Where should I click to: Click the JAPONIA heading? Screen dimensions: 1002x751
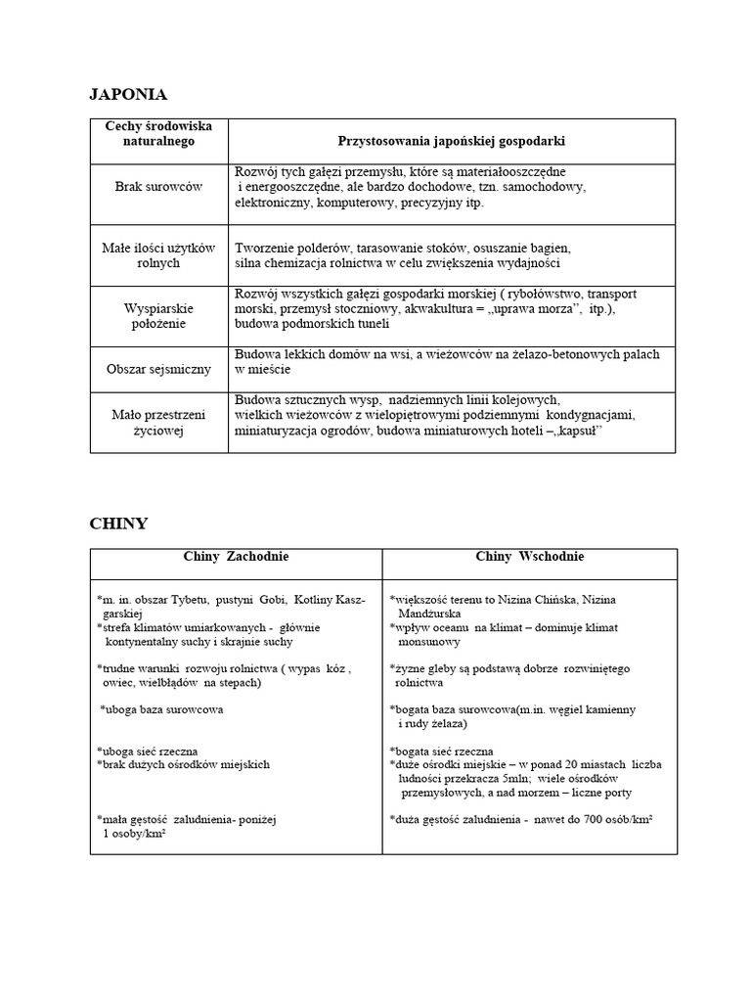tap(128, 95)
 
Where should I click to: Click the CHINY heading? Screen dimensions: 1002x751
tap(118, 524)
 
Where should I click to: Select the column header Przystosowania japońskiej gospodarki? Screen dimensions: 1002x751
tap(452, 141)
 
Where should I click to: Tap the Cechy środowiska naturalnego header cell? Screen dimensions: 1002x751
tap(158, 134)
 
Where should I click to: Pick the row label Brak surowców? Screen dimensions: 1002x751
tap(158, 187)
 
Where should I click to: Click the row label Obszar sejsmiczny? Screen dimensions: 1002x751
tap(158, 369)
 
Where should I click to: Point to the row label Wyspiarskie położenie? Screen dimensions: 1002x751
tap(158, 315)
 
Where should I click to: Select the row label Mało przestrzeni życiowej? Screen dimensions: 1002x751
tap(158, 422)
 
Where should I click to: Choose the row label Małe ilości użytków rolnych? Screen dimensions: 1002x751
tap(158, 255)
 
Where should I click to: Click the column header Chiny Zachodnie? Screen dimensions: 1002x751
tap(236, 557)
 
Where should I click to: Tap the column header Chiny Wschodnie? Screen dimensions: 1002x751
tap(530, 557)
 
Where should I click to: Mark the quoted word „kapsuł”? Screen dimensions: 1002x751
tap(581, 430)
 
